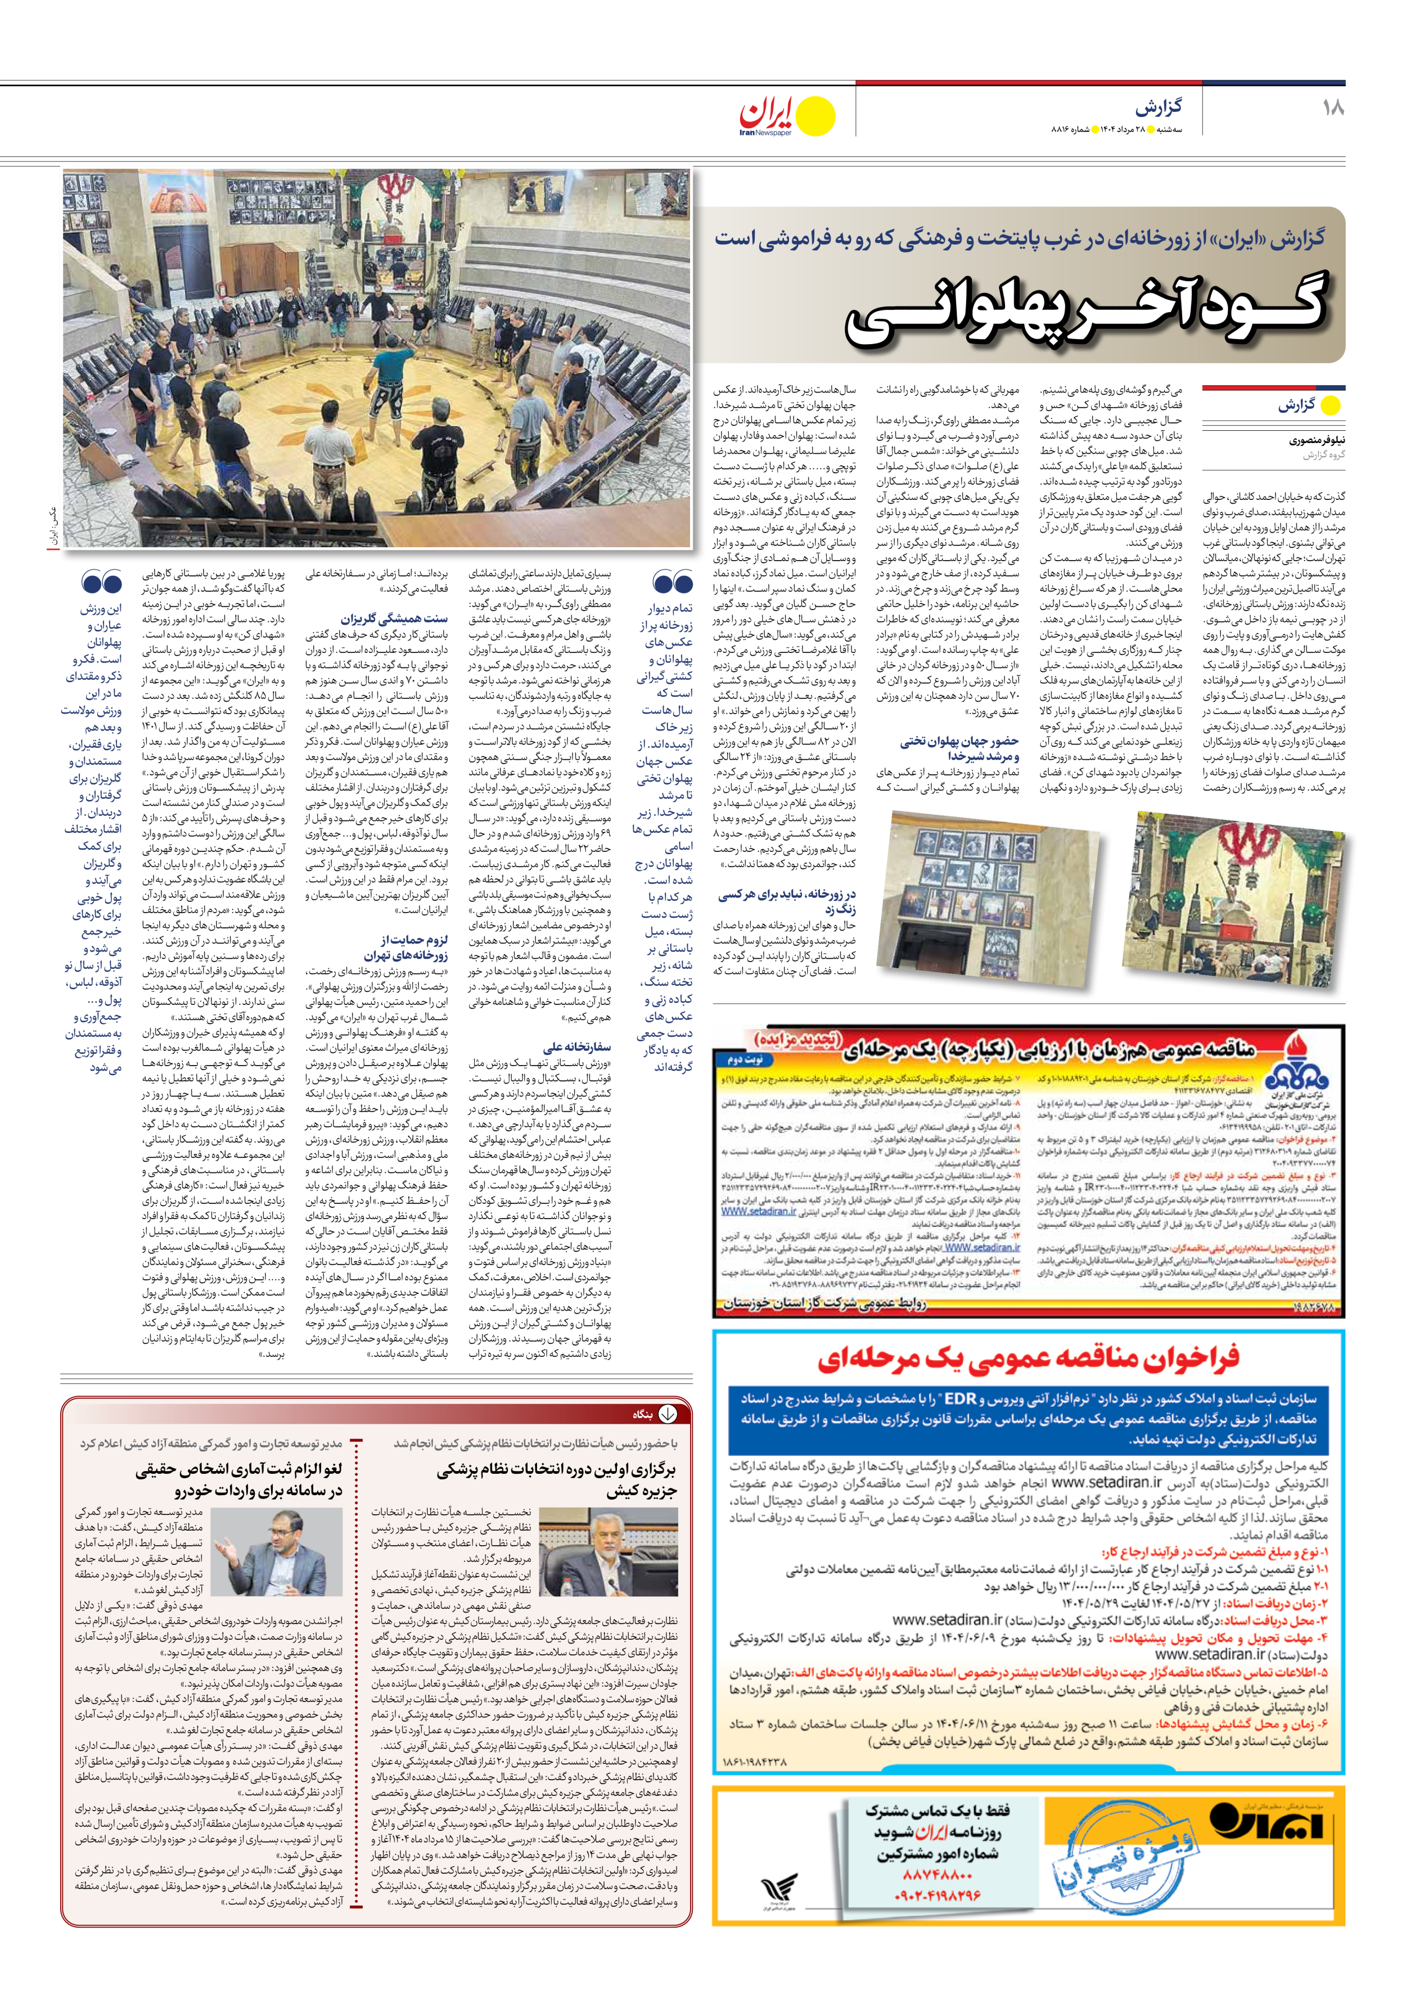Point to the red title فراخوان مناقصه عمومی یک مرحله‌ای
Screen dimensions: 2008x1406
pos(1028,1358)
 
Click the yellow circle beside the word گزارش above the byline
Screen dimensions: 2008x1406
pos(1330,406)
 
